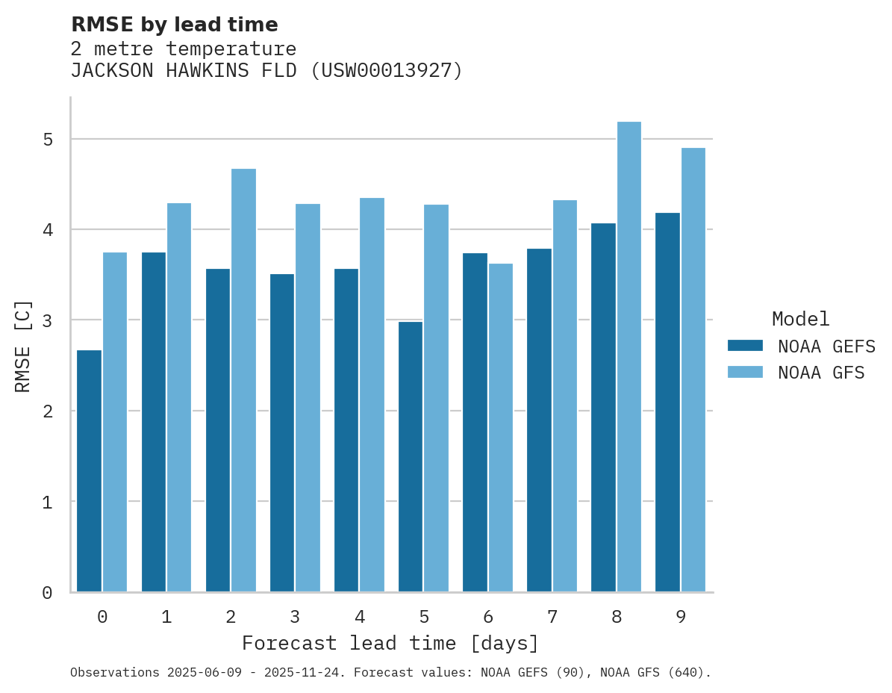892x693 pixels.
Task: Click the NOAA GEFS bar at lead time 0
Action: [x=90, y=470]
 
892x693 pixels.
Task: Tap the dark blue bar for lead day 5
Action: [x=411, y=456]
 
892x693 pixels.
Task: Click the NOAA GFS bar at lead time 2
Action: [x=243, y=380]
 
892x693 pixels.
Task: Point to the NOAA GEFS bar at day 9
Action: [x=667, y=403]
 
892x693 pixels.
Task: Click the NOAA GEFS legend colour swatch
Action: [x=745, y=346]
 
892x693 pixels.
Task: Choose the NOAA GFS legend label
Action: [x=821, y=373]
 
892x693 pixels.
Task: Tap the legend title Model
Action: [x=800, y=320]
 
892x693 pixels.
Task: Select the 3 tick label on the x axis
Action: [x=295, y=617]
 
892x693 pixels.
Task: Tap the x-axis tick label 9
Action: [x=681, y=617]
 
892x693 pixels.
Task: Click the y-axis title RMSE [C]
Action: [x=23, y=346]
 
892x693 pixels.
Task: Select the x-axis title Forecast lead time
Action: [x=390, y=643]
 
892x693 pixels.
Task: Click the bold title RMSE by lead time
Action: [x=175, y=25]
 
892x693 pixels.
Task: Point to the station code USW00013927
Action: [x=386, y=71]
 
